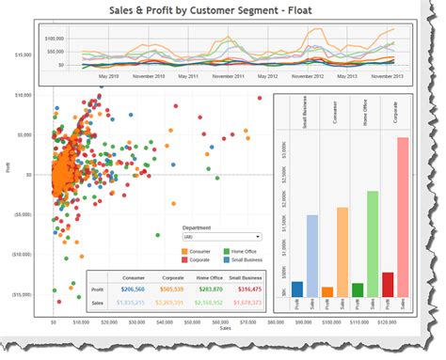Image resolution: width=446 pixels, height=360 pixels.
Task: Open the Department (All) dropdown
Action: [x=221, y=237]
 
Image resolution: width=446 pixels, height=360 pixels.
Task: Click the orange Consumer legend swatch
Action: [x=186, y=249]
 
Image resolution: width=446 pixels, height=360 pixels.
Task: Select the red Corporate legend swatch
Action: [x=186, y=258]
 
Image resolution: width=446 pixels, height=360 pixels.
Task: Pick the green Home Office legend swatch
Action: [x=225, y=249]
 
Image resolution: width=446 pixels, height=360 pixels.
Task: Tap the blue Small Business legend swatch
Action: [x=225, y=258]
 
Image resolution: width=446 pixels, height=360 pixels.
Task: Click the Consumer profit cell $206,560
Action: [x=130, y=290]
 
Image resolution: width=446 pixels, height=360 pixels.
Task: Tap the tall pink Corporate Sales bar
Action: [x=403, y=217]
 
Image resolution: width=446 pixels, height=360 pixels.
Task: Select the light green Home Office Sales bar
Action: [x=373, y=243]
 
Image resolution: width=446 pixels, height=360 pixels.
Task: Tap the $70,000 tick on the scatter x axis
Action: [x=248, y=321]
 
